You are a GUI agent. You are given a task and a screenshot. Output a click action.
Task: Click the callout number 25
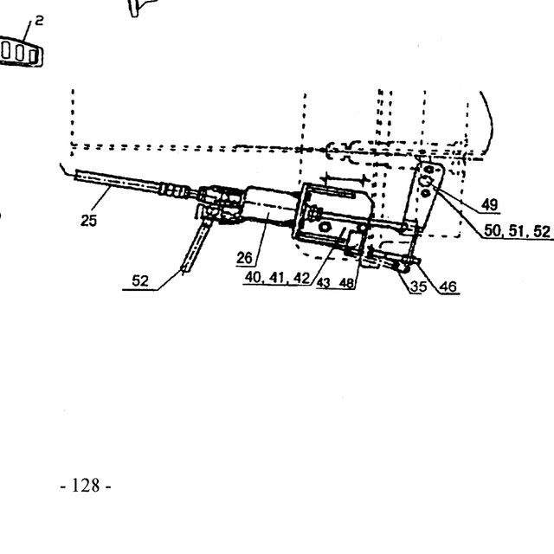pos(88,221)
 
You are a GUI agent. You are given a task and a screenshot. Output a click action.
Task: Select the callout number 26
pos(244,258)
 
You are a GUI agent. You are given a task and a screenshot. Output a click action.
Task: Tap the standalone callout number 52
pos(140,280)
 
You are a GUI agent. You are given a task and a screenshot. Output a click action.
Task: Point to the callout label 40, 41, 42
pos(277,278)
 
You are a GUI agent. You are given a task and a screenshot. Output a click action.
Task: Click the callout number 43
pos(323,283)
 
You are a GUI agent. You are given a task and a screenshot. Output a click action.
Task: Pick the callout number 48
pos(346,283)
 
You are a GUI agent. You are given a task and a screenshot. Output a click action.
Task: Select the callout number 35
pos(419,287)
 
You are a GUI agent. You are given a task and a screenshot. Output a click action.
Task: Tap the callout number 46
pos(448,287)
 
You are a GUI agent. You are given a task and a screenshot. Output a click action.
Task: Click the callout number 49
pos(490,204)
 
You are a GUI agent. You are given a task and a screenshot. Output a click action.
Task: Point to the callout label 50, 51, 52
pos(517,231)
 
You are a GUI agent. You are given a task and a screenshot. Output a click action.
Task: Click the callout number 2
pos(39,21)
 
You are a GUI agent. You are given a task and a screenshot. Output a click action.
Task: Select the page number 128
pos(86,486)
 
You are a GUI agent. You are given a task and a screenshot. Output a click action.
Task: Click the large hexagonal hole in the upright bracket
pos(425,181)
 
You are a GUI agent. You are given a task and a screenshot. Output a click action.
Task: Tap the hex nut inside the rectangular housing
pos(325,227)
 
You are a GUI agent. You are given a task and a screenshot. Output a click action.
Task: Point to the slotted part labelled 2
pos(21,52)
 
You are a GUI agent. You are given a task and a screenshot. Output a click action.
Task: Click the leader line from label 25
pos(101,200)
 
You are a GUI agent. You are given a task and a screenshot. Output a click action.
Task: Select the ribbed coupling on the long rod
pos(172,190)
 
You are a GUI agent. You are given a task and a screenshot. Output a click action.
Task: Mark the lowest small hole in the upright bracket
pos(425,193)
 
